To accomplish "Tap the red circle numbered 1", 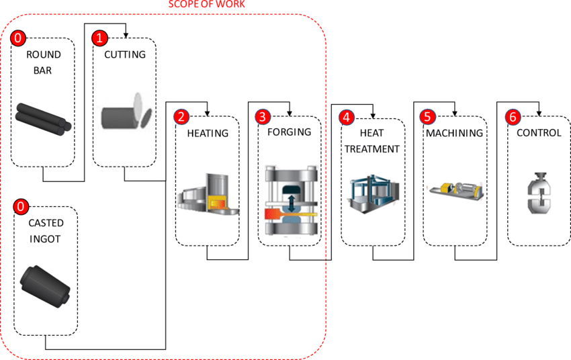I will [x=99, y=38].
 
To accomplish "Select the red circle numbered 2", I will [x=181, y=117].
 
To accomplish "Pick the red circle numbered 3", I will [x=263, y=117].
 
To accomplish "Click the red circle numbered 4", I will [x=346, y=117].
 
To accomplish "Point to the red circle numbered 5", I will [x=429, y=117].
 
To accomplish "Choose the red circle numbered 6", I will [x=513, y=117].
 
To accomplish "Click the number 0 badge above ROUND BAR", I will [x=18, y=38].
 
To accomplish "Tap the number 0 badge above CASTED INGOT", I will [x=21, y=206].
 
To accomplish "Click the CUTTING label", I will [x=124, y=54].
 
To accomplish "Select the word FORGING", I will [x=289, y=132].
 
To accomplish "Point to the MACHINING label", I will [x=454, y=133].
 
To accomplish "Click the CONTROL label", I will [x=538, y=133].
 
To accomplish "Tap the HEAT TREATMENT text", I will [x=372, y=141].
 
